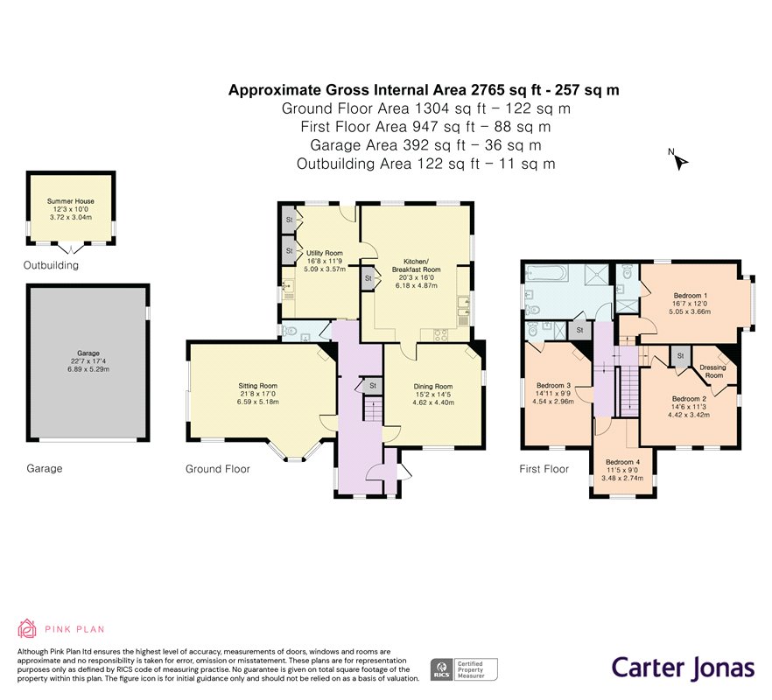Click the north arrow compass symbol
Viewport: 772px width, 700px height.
click(x=680, y=160)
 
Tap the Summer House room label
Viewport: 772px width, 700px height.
click(x=71, y=201)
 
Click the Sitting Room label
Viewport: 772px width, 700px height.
click(x=257, y=385)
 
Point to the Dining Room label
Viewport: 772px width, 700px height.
click(x=432, y=387)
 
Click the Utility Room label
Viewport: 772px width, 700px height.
click(x=324, y=253)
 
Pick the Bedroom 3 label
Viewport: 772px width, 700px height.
click(x=555, y=386)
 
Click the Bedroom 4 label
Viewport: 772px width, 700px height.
click(x=623, y=462)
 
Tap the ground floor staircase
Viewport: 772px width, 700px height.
click(x=374, y=409)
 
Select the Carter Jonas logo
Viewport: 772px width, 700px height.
click(x=682, y=668)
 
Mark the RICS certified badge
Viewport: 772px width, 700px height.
click(x=463, y=669)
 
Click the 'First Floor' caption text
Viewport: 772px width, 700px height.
click(x=544, y=469)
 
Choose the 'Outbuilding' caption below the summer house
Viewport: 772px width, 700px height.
click(x=50, y=265)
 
